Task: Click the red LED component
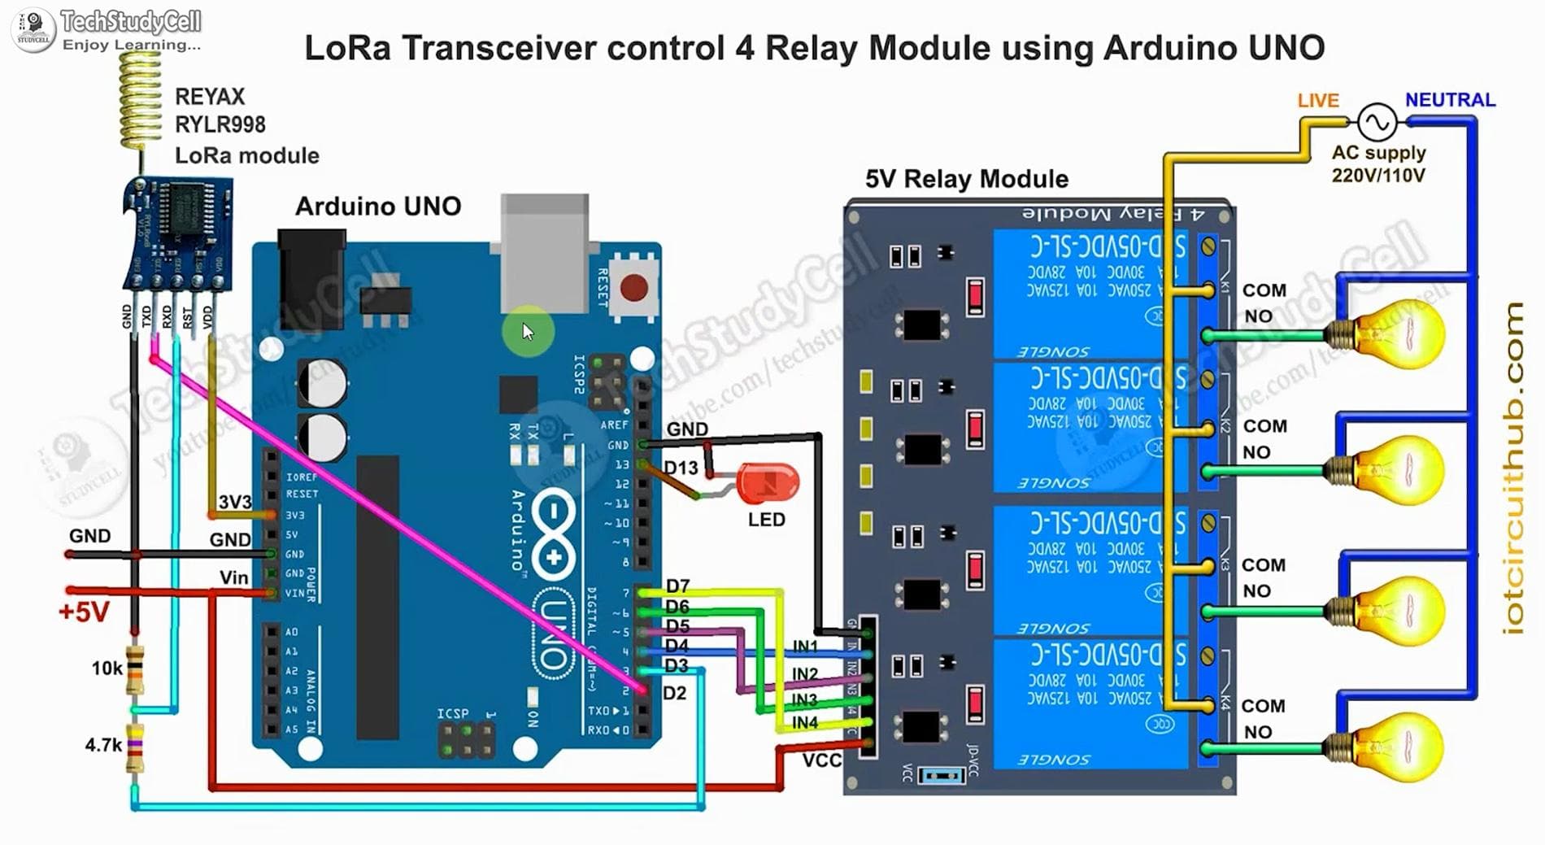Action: coord(768,483)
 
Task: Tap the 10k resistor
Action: coord(135,669)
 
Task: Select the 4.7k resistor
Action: coord(135,747)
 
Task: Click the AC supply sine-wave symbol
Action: coord(1377,123)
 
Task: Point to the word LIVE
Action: coord(1317,100)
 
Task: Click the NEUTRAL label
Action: coord(1450,100)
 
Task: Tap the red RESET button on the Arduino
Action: coord(633,287)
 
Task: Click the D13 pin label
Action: coord(681,468)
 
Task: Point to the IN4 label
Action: coord(804,722)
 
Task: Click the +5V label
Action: coord(83,612)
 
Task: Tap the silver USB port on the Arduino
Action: coord(544,252)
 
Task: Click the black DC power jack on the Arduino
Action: coord(311,277)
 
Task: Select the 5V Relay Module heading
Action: coord(966,179)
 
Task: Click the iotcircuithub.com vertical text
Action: coord(1512,468)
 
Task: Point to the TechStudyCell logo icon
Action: coord(33,30)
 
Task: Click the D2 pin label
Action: coord(674,693)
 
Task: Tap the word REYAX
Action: coord(209,97)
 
